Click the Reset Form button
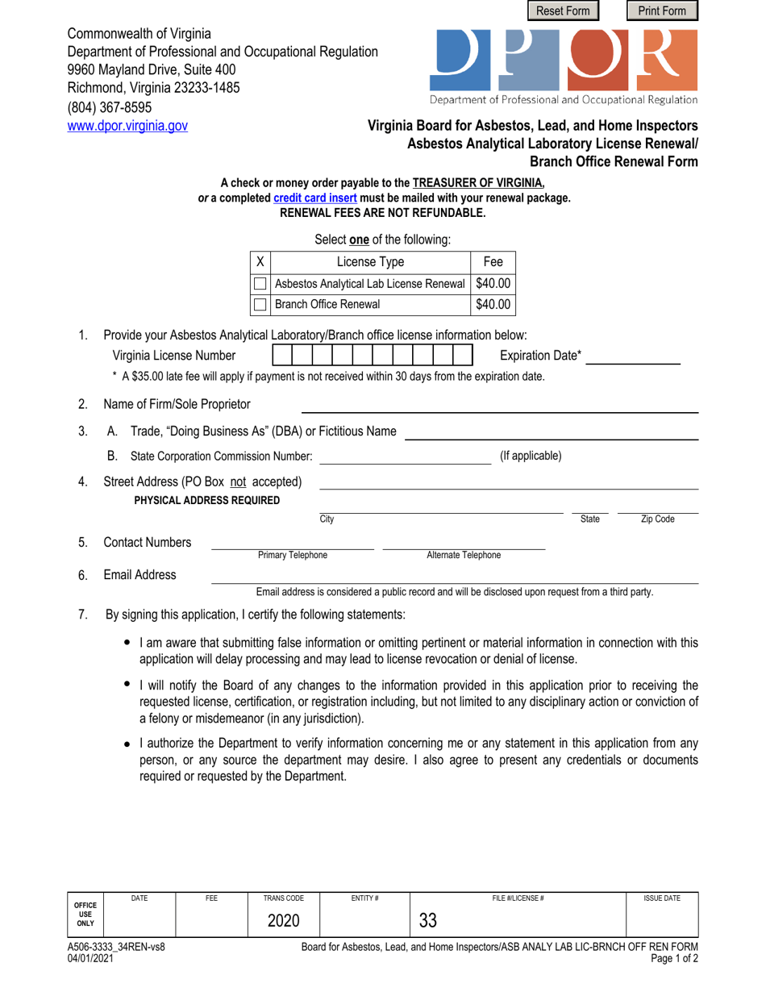click(564, 10)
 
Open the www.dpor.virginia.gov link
click(127, 126)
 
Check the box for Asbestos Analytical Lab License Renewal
click(260, 284)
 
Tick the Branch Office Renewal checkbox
click(260, 305)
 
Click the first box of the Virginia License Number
click(281, 356)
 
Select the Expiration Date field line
click(632, 356)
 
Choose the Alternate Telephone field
click(464, 542)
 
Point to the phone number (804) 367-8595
click(109, 107)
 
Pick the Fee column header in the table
click(492, 261)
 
